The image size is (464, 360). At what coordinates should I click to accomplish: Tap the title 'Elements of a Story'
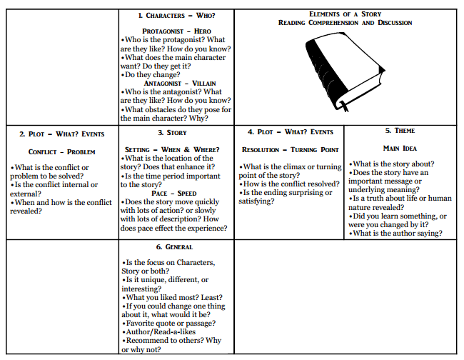[x=346, y=14]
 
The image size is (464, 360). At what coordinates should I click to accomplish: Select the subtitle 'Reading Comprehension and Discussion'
[x=346, y=23]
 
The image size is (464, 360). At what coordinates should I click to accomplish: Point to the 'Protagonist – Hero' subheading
[x=176, y=31]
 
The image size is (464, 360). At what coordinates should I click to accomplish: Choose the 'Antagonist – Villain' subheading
[x=176, y=83]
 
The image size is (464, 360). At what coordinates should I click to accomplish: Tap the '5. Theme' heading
[x=400, y=131]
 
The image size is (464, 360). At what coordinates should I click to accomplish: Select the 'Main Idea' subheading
[x=400, y=149]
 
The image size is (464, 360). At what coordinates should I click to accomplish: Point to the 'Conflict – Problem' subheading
[x=61, y=151]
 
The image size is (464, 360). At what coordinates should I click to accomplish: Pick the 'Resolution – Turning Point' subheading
[x=291, y=150]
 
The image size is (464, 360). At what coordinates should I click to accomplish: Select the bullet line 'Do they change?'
[x=151, y=74]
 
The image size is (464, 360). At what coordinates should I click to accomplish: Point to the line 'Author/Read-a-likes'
[x=158, y=331]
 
